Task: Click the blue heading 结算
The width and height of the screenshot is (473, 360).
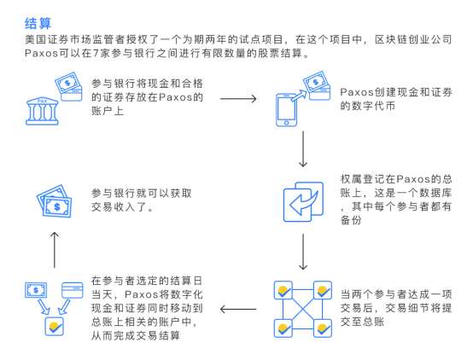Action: [38, 23]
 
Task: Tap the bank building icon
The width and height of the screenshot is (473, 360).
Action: [42, 111]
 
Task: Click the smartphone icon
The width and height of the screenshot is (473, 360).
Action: [286, 110]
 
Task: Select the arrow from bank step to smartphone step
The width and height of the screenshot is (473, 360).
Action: [238, 99]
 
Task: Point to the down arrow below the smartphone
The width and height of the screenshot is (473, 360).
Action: [303, 148]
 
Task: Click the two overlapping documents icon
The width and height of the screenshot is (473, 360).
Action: [303, 201]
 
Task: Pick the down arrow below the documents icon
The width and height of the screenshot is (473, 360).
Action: [303, 252]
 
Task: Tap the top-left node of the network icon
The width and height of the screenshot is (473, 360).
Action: [283, 290]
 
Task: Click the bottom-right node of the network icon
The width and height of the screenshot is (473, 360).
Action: [323, 328]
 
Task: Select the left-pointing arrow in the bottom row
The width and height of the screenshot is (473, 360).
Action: [238, 309]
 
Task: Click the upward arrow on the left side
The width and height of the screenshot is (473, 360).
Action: [55, 250]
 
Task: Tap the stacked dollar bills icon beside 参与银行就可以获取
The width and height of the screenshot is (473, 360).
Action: [55, 201]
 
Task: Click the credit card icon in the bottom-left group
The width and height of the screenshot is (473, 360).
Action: [72, 290]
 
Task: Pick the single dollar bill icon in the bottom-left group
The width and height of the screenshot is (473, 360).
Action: [36, 290]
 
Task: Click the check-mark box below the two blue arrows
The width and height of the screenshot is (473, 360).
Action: [55, 326]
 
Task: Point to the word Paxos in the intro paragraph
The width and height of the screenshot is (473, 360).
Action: [41, 54]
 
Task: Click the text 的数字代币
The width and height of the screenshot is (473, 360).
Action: [367, 106]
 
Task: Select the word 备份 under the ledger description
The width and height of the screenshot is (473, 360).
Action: [351, 220]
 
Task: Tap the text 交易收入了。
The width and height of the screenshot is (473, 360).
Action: [122, 206]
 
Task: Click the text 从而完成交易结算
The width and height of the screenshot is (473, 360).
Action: [136, 335]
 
